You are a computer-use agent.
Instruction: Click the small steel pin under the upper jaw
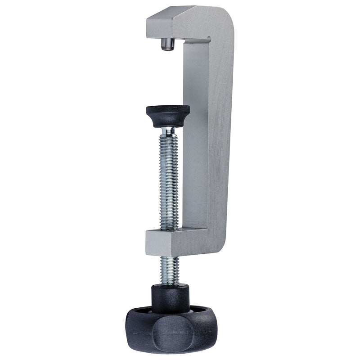167,45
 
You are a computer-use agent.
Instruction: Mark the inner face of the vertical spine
195,135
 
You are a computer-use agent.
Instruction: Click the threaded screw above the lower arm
169,180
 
